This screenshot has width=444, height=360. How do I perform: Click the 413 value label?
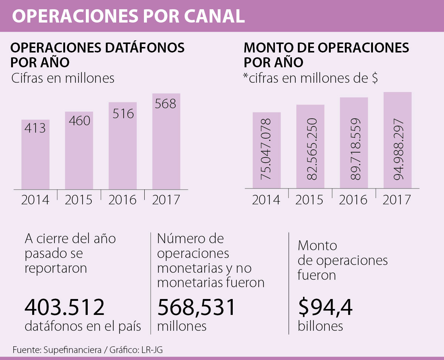35,128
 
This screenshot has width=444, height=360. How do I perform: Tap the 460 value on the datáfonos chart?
79,120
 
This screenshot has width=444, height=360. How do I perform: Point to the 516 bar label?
122,113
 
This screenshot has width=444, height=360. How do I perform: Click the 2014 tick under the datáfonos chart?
35,200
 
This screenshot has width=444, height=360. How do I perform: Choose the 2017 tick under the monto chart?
397,200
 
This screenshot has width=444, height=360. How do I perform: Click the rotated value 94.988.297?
398,149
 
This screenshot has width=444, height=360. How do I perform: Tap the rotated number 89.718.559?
354,149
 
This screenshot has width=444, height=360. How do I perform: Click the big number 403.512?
65,307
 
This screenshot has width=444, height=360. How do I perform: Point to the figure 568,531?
196,307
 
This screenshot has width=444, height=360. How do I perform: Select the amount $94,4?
325,307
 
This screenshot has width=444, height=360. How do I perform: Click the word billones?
320,326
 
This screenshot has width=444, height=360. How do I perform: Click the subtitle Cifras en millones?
63,78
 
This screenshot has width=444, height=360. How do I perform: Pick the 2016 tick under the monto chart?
353,200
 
